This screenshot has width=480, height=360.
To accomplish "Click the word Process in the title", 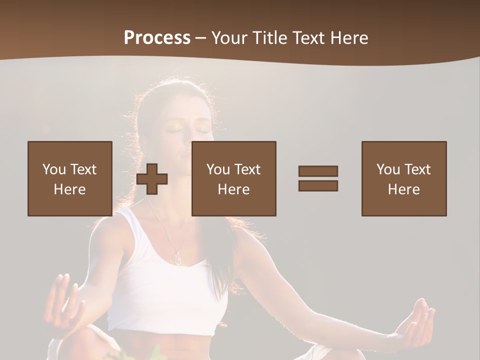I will [157, 38].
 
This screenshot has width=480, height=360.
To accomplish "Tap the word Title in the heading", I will [270, 38].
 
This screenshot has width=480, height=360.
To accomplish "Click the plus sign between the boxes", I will [152, 179].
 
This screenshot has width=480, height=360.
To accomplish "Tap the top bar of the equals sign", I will [318, 171].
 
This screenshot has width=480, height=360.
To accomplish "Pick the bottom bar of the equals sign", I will [318, 185].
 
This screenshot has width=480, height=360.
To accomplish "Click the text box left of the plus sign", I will [70, 178].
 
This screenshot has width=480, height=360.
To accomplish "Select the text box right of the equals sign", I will [404, 178].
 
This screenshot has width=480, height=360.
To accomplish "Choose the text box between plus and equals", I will [233, 178].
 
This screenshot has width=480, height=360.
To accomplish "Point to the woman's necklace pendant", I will [176, 257].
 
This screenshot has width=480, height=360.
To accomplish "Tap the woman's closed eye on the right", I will [202, 128].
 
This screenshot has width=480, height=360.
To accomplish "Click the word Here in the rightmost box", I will [404, 189].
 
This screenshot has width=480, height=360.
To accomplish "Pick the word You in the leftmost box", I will [54, 169].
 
